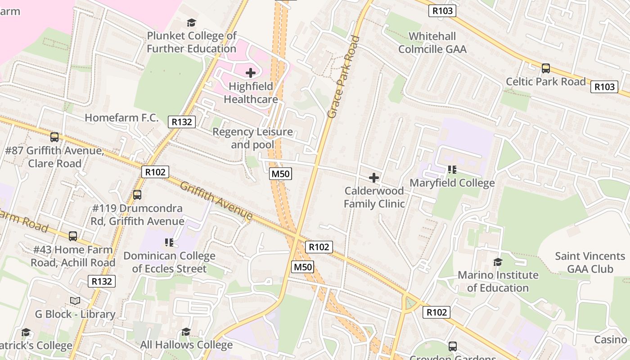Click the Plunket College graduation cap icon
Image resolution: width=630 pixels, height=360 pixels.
192,22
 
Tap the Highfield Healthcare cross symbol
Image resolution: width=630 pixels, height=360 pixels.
251,72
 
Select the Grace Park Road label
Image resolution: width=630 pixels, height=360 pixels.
344,77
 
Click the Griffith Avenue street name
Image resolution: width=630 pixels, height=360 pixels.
216,201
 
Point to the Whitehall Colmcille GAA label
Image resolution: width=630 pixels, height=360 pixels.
432,42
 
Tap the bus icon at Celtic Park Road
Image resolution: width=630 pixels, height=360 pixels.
546,68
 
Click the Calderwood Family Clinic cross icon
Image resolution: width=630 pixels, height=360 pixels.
374,178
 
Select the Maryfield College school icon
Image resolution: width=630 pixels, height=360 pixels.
452,170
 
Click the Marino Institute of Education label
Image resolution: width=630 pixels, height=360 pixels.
498,281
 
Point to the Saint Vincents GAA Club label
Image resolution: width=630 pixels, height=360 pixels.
589,262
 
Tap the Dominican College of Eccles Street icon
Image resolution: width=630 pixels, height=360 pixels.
169,243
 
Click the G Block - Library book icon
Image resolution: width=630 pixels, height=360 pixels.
75,301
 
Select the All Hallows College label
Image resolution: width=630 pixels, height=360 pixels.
186,345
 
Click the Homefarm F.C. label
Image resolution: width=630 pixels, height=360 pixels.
121,118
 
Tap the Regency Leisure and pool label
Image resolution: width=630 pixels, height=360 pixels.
252,138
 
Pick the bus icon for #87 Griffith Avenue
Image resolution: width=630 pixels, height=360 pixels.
54,137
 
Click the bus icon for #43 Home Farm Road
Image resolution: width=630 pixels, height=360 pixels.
73,236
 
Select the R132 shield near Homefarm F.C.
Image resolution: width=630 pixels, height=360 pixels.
182,121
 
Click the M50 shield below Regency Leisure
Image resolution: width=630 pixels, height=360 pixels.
280,174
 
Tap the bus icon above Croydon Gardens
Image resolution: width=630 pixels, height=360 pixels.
453,346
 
